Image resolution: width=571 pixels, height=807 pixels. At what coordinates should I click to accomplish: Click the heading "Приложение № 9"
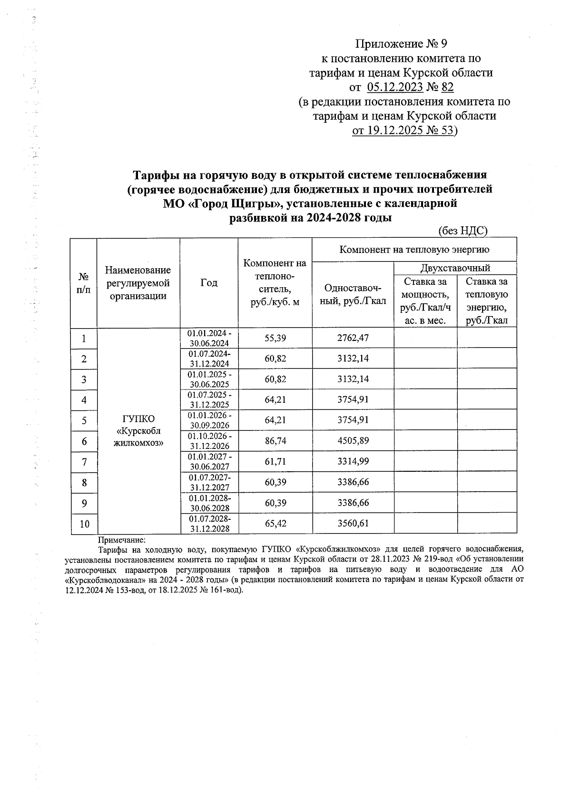(402, 44)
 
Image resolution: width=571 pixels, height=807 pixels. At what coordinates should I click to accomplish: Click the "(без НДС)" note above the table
(463, 231)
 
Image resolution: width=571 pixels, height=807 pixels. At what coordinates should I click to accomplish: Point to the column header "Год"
(208, 282)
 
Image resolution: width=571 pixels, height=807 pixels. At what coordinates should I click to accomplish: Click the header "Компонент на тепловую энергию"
(414, 249)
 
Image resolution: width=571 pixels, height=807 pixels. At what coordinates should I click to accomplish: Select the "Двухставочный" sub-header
(455, 268)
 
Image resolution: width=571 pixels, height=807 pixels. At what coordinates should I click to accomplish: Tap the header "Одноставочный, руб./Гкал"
(353, 295)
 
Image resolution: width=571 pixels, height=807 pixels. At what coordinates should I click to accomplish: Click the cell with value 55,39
(275, 338)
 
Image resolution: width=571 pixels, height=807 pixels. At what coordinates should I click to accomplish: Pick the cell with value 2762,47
(353, 338)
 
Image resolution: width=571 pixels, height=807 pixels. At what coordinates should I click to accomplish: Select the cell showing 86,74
(275, 441)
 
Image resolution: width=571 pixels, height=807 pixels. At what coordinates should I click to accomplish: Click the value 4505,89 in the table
(353, 441)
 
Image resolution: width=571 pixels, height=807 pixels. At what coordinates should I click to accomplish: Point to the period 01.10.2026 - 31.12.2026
(209, 441)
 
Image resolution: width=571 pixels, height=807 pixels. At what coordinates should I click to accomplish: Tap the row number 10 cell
(84, 524)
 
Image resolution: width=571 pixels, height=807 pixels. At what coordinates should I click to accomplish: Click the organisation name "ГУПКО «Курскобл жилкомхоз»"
(138, 430)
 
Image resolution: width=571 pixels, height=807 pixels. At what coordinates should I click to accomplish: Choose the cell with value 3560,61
(353, 524)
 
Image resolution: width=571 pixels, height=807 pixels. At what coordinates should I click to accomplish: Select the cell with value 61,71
(275, 461)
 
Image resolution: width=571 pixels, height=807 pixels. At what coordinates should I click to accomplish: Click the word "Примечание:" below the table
(121, 540)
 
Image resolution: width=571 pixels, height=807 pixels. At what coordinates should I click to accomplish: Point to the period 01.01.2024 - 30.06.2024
(209, 338)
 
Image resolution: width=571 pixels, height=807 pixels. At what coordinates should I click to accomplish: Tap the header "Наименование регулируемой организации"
(138, 283)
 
